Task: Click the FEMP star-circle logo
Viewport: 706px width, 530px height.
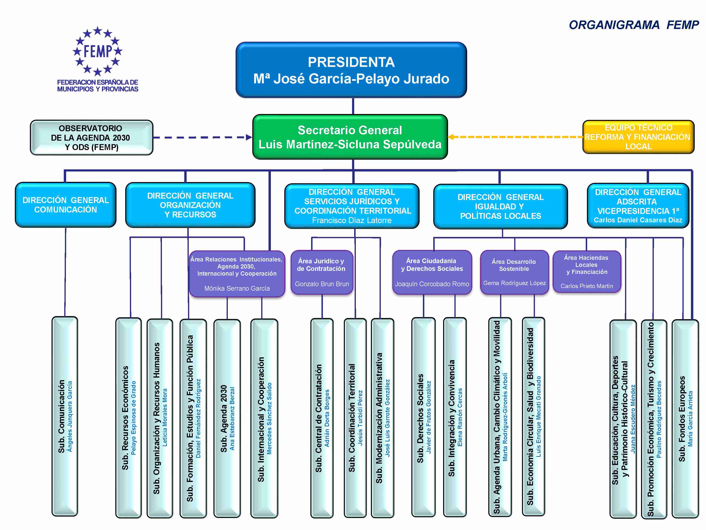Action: coord(97,51)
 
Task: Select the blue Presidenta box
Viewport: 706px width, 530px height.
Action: coord(351,70)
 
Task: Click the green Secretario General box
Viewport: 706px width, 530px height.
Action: coord(350,137)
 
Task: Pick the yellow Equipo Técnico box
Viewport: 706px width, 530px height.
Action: coord(638,137)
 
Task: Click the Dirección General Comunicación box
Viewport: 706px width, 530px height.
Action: coord(66,205)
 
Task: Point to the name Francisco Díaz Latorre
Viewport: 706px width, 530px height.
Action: coord(352,220)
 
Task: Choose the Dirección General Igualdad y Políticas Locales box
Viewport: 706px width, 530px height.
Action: coord(501,206)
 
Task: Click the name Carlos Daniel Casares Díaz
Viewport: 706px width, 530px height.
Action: coord(638,220)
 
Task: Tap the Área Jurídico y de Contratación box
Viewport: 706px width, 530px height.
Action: coord(322,272)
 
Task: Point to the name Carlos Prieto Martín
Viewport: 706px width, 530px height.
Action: coord(587,286)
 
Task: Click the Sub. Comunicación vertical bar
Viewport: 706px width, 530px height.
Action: coord(65,416)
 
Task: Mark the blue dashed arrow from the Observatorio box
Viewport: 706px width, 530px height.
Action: coord(203,137)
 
